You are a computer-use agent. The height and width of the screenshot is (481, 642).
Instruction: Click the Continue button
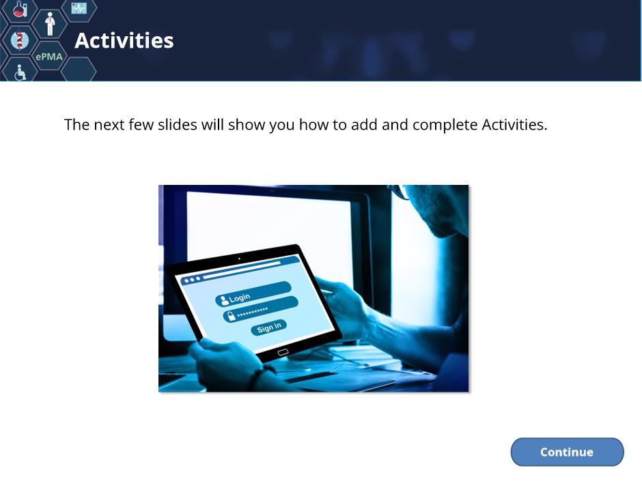pyautogui.click(x=567, y=452)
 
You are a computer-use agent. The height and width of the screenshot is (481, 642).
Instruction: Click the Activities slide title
pyautogui.click(x=124, y=40)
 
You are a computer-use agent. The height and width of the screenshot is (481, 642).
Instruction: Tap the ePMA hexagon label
pyautogui.click(x=49, y=57)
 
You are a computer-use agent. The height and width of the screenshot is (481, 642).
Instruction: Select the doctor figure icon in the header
pyautogui.click(x=50, y=24)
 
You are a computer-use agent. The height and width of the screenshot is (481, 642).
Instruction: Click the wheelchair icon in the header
pyautogui.click(x=20, y=72)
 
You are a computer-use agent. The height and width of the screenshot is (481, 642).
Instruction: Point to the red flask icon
pyautogui.click(x=19, y=9)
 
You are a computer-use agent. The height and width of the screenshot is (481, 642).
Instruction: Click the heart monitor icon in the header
pyautogui.click(x=79, y=8)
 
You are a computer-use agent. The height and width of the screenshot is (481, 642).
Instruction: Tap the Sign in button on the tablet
pyautogui.click(x=268, y=327)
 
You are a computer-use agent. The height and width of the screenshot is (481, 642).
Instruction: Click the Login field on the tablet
pyautogui.click(x=253, y=293)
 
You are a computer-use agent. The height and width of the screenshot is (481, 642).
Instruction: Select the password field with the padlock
pyautogui.click(x=260, y=310)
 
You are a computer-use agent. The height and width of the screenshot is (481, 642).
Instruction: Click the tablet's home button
pyautogui.click(x=283, y=352)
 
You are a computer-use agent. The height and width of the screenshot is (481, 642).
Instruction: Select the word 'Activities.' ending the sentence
pyautogui.click(x=514, y=125)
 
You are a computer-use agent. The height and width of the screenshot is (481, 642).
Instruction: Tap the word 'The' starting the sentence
pyautogui.click(x=76, y=125)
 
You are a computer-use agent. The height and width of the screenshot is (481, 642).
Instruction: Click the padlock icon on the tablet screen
pyautogui.click(x=231, y=316)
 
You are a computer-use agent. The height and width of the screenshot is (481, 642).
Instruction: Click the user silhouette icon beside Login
pyautogui.click(x=224, y=301)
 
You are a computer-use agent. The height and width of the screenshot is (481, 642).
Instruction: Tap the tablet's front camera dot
pyautogui.click(x=239, y=259)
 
